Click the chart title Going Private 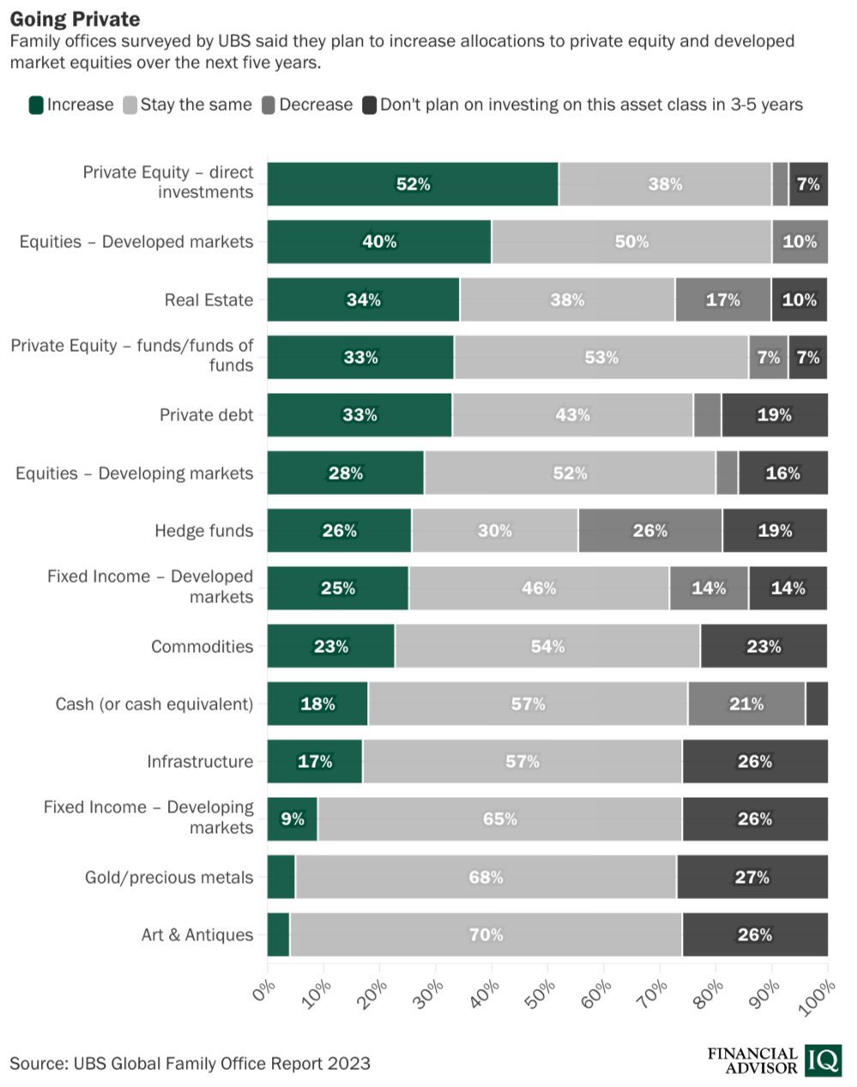(x=75, y=19)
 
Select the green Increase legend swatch (x=36, y=105)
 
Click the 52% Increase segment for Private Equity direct (x=413, y=184)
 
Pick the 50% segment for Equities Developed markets (x=631, y=242)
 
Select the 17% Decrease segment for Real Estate (x=722, y=299)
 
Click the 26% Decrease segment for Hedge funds (x=650, y=530)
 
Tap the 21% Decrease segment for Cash (x=745, y=704)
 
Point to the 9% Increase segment (x=293, y=818)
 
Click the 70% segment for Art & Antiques (x=486, y=934)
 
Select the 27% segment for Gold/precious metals (x=752, y=877)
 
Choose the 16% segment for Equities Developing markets (x=782, y=473)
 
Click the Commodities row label (x=202, y=646)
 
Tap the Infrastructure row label (x=200, y=761)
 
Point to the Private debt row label (x=206, y=415)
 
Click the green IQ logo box (x=823, y=1060)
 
